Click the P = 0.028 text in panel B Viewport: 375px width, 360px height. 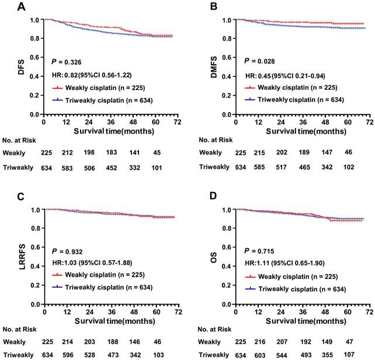click(x=259, y=61)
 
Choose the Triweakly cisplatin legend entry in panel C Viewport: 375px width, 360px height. click(x=103, y=288)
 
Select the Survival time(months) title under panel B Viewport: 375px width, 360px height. click(x=303, y=129)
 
